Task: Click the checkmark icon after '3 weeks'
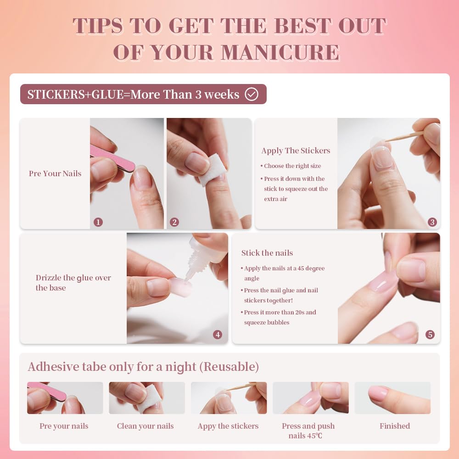pyautogui.click(x=252, y=95)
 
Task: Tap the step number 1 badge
pyautogui.click(x=98, y=222)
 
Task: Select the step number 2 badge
pyautogui.click(x=174, y=222)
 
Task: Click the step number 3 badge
pyautogui.click(x=432, y=222)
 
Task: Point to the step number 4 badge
pyautogui.click(x=218, y=335)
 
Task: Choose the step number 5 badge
pyautogui.click(x=430, y=335)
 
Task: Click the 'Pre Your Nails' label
pyautogui.click(x=55, y=174)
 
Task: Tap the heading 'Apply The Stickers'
pyautogui.click(x=296, y=151)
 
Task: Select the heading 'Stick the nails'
pyautogui.click(x=267, y=253)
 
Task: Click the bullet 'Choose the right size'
pyautogui.click(x=292, y=166)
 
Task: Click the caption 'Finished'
pyautogui.click(x=394, y=426)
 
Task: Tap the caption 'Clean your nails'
pyautogui.click(x=145, y=426)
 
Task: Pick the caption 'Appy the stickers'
pyautogui.click(x=228, y=426)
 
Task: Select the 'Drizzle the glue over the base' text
pyautogui.click(x=73, y=283)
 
